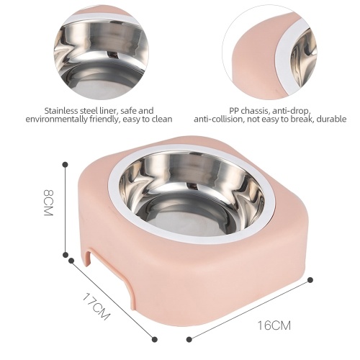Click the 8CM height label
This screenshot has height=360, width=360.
coord(48,203)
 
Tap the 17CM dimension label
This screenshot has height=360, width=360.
coord(96,306)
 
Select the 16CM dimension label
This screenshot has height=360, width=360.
coord(274,325)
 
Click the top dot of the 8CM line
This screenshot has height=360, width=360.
coord(65,165)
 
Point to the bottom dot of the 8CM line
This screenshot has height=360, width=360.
coord(66,255)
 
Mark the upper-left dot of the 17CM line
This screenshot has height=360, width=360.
coord(71,261)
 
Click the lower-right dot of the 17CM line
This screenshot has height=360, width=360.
coord(155,339)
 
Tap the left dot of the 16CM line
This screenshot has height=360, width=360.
coord(189,339)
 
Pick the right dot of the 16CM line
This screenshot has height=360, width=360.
coord(310,279)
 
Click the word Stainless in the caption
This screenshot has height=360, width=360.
coord(61,111)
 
